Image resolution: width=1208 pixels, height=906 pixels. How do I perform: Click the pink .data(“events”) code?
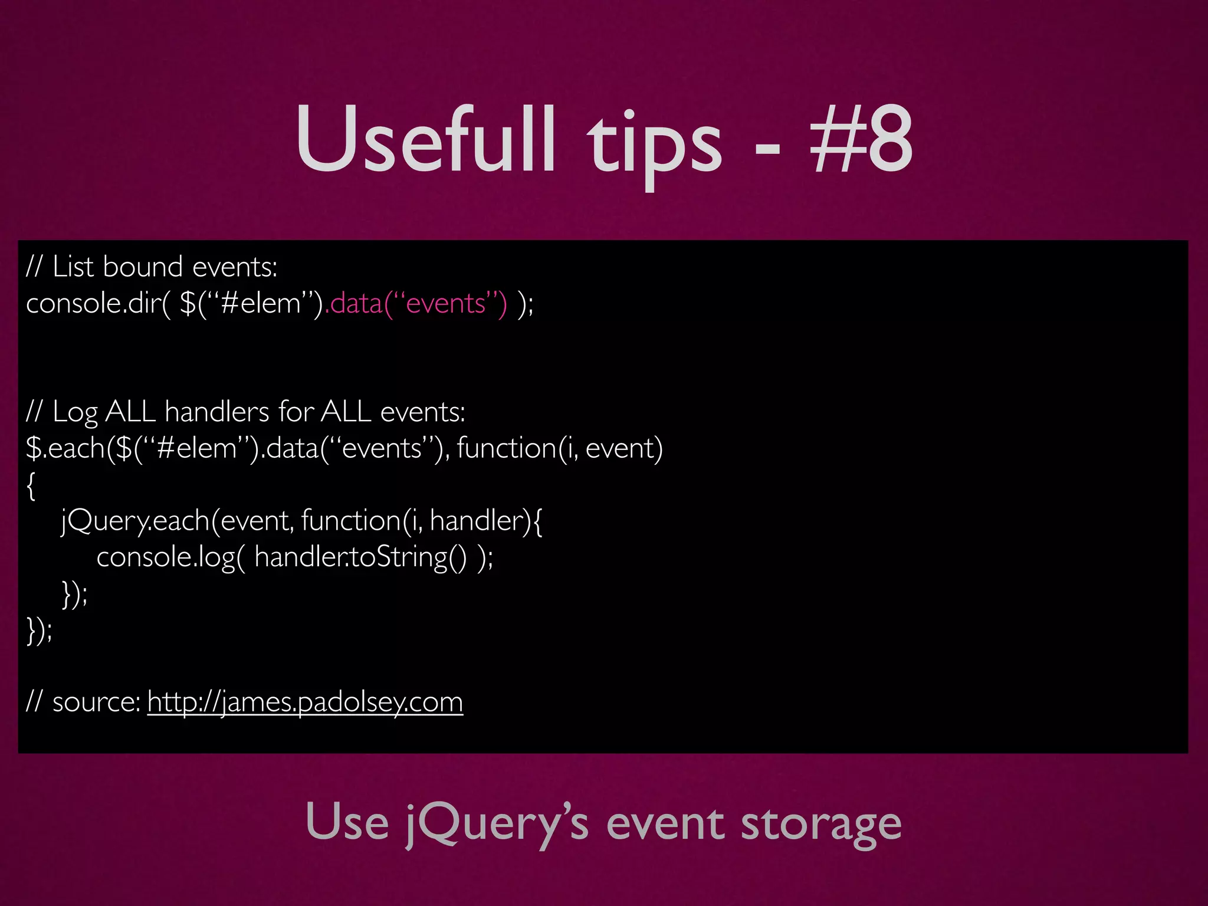[x=416, y=304]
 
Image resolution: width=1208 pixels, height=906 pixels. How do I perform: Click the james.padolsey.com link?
[x=305, y=702]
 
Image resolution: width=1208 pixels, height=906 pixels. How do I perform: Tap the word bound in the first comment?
[x=142, y=267]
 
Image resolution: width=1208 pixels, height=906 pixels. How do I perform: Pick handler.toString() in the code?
[x=360, y=557]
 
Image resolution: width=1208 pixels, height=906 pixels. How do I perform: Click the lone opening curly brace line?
[x=31, y=485]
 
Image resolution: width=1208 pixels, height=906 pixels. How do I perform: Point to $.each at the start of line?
[x=65, y=449]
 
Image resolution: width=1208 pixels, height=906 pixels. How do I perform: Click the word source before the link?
[x=96, y=702]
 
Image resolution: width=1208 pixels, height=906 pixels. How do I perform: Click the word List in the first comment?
[x=73, y=267]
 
